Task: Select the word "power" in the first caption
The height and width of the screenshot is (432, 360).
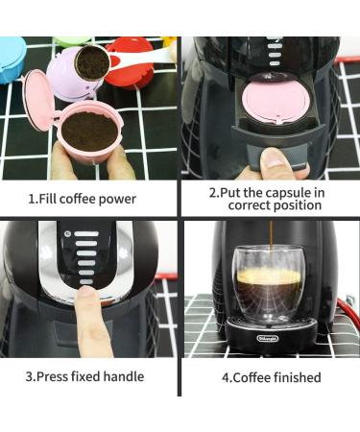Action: coord(117,199)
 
